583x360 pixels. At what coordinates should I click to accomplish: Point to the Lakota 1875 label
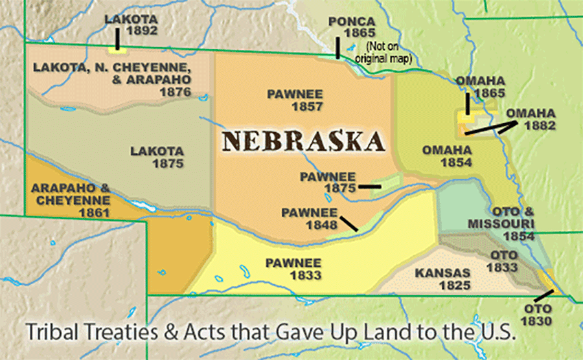tap(157, 157)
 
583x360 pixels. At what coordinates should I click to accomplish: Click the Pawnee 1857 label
tap(295, 100)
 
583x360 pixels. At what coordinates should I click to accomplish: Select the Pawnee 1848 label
tap(309, 218)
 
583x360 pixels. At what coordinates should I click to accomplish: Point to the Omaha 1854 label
tap(446, 156)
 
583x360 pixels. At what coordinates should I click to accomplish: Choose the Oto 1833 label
tap(504, 261)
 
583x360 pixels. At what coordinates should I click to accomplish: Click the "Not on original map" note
tap(390, 52)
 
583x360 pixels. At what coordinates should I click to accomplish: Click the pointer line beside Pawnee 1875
tap(369, 186)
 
